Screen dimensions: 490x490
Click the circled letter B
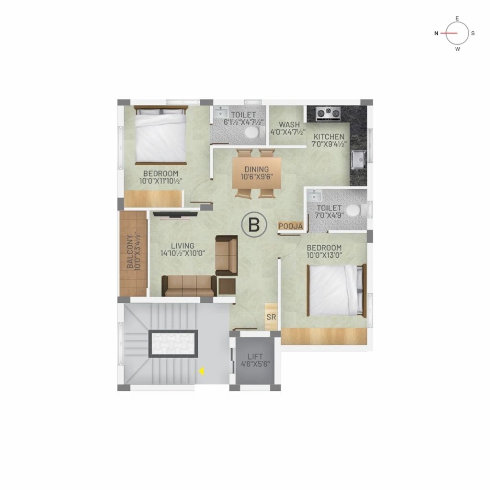point(254,225)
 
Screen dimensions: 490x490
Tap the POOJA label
point(291,226)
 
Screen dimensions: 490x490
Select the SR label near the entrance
point(271,317)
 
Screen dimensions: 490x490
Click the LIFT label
point(255,356)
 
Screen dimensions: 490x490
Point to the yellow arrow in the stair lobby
point(203,371)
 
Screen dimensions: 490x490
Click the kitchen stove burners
point(328,114)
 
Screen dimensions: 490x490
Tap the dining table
point(257,173)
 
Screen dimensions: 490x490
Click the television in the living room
point(175,215)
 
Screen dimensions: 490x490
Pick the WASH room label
point(289,125)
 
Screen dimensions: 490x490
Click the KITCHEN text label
point(329,137)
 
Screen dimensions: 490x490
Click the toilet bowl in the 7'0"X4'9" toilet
point(356,211)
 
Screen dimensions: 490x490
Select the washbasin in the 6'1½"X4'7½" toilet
point(221,113)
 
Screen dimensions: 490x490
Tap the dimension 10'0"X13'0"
point(324,255)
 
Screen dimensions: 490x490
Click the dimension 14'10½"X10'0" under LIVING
point(183,253)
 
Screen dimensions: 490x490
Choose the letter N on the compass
point(436,33)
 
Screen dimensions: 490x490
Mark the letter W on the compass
point(457,49)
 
